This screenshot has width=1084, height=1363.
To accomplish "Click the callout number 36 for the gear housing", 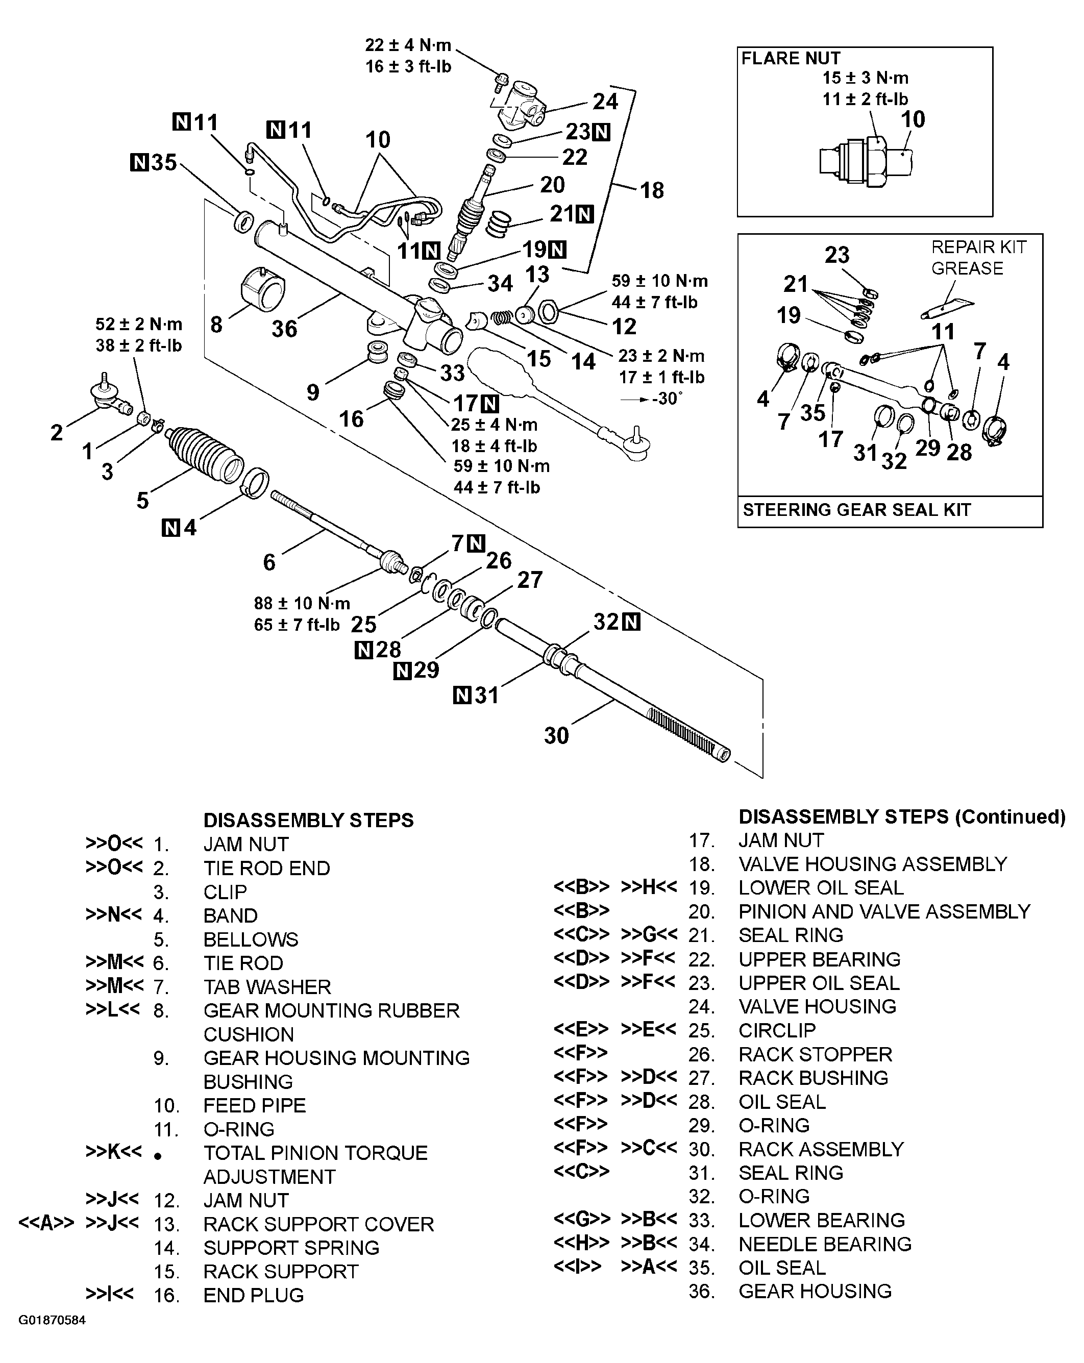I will coord(284,329).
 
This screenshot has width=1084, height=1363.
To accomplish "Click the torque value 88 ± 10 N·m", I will coord(302,603).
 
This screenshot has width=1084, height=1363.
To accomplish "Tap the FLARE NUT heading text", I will coord(790,58).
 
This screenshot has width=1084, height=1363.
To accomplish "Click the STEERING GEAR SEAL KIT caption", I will coord(856,510).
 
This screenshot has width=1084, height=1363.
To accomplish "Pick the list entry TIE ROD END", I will coord(266,868).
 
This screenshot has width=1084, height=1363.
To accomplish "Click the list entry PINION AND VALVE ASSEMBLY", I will coord(883,911).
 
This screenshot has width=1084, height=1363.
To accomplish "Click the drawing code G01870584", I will coord(52,1320).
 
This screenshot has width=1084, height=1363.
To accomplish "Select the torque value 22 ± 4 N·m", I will coord(408,45).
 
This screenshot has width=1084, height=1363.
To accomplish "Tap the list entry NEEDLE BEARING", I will coord(824,1244).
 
